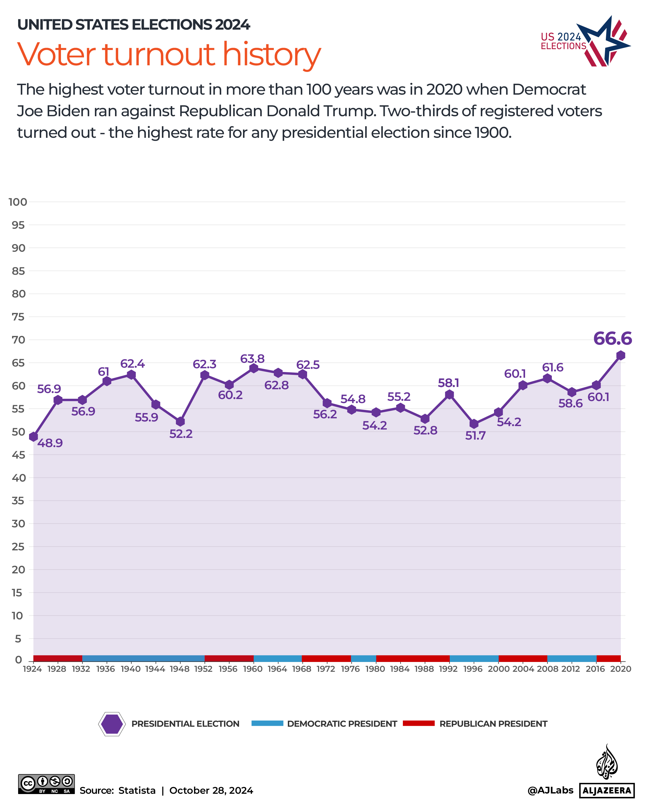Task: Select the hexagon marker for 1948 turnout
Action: [180, 422]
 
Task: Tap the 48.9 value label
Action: [50, 443]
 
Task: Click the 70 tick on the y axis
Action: [18, 340]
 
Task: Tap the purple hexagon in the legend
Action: [112, 724]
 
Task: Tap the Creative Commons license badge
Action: [47, 784]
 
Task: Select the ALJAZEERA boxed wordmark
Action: [606, 791]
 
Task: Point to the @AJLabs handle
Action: [550, 790]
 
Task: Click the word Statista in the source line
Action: [137, 791]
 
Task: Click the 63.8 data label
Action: [252, 359]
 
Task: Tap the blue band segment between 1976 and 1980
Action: [363, 659]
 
